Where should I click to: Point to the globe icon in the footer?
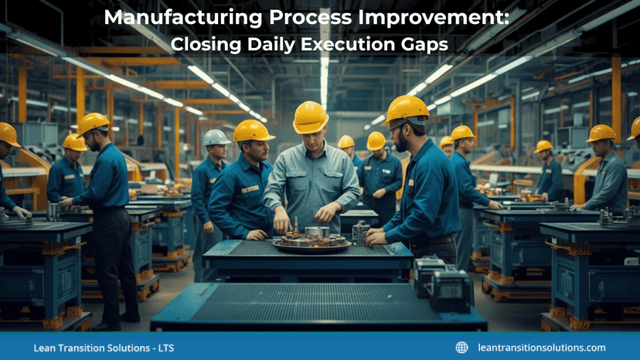pos(461,348)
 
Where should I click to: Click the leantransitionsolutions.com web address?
pos(541,348)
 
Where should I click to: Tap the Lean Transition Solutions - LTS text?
pos(104,348)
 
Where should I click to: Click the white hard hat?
pos(216,137)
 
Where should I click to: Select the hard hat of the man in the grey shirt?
pos(311,117)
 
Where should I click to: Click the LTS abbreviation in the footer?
pos(165,348)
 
